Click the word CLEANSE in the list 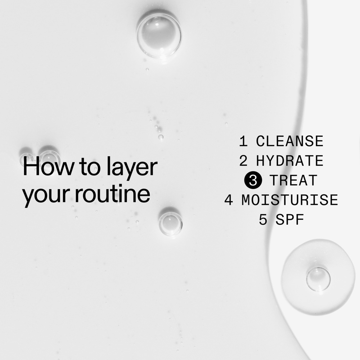tap(289, 141)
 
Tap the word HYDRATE tap(289, 161)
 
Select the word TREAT tap(294, 180)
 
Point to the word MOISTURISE tap(290, 200)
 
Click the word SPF tap(290, 220)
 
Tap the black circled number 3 tap(252, 180)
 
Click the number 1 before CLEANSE tap(244, 141)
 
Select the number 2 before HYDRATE tap(244, 161)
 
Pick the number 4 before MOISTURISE tap(229, 200)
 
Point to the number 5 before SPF tap(263, 220)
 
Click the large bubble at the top tap(159, 34)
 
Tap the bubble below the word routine tap(170, 223)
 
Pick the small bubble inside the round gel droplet tap(318, 279)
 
